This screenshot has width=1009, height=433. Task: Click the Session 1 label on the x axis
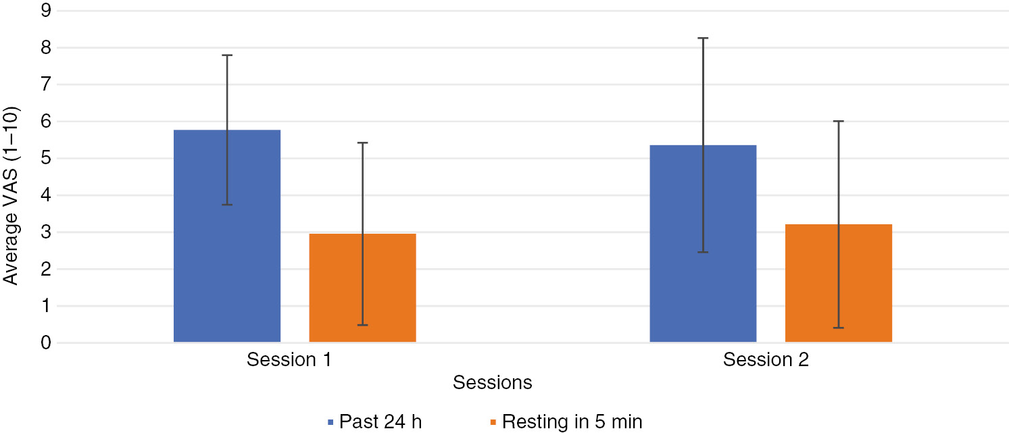[x=289, y=359]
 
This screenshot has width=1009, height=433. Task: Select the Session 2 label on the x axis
[x=765, y=359]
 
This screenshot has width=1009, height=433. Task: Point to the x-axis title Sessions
[x=492, y=383]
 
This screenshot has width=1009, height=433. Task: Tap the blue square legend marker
[x=331, y=422]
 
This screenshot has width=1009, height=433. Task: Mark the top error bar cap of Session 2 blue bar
[x=703, y=38]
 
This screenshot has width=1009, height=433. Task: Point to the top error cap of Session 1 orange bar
[x=362, y=143]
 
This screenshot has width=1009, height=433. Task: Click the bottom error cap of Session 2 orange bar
[x=838, y=328]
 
